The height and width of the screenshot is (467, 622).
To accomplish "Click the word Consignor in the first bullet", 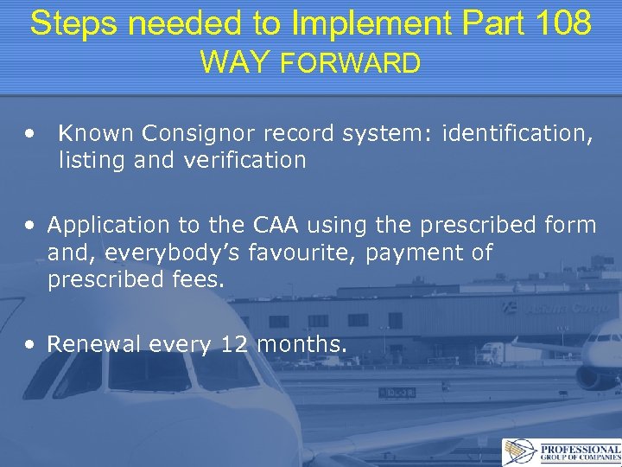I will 191,133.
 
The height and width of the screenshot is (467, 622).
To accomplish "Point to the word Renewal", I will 94,344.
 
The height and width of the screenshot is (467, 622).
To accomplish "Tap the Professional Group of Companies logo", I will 561,452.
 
